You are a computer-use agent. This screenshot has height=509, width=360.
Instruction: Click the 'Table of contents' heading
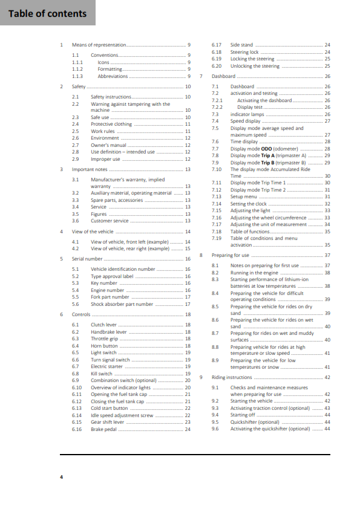[x=48, y=13]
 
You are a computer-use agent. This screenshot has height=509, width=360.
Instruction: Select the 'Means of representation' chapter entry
[x=99, y=45]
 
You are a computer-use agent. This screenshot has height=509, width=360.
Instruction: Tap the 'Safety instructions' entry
[x=111, y=97]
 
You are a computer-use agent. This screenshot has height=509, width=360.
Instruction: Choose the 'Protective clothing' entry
[x=111, y=124]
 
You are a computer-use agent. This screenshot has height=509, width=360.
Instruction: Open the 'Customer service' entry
[x=110, y=221]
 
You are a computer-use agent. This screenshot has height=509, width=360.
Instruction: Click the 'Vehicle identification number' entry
[x=123, y=269]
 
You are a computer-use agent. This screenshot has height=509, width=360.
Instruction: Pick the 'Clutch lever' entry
[x=105, y=325]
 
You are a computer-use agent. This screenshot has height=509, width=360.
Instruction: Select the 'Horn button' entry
[x=105, y=346]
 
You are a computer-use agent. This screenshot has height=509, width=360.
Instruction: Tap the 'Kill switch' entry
[x=102, y=374]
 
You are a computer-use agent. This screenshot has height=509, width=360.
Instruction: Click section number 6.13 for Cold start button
[x=77, y=408]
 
